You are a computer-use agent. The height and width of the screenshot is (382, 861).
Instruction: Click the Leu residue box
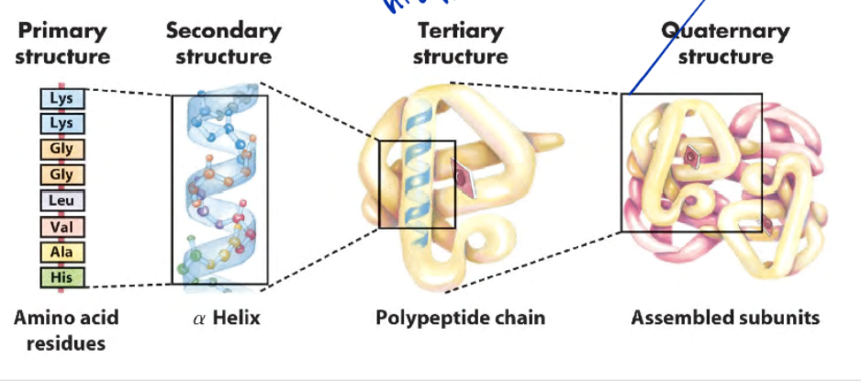click(62, 199)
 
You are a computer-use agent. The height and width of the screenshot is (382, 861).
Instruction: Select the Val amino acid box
click(62, 225)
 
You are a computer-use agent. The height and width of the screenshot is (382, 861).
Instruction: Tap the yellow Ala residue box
click(62, 251)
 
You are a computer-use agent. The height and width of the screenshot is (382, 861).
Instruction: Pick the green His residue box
click(62, 275)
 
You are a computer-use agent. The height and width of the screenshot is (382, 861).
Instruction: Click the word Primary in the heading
click(61, 30)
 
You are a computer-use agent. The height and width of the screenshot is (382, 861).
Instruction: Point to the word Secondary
click(223, 30)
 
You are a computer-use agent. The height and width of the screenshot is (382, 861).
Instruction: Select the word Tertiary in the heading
click(460, 30)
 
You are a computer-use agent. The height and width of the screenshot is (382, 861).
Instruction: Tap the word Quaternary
click(725, 30)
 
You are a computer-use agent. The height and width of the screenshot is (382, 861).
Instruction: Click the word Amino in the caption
click(44, 319)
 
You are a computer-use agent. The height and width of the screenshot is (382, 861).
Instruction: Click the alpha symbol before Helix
click(199, 320)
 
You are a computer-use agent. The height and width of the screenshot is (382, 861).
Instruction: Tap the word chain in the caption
click(516, 319)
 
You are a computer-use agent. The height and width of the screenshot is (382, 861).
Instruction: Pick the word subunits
click(777, 319)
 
